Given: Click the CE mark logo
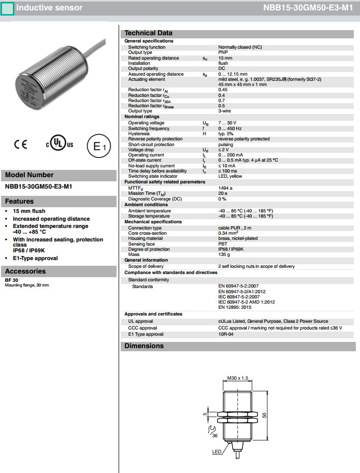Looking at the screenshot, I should [x=21, y=145].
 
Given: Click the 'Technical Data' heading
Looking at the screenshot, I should [x=149, y=33].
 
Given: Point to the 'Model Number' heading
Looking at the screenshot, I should [x=29, y=175].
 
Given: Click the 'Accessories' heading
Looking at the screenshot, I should [x=25, y=271].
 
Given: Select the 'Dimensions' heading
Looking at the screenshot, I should [x=144, y=346].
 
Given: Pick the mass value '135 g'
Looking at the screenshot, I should [x=224, y=254].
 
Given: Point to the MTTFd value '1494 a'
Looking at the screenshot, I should [x=225, y=188].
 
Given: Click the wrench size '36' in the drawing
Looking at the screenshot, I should [x=214, y=435].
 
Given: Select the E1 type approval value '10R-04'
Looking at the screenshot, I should [x=226, y=334].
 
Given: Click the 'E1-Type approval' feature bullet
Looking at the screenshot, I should [x=35, y=258].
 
